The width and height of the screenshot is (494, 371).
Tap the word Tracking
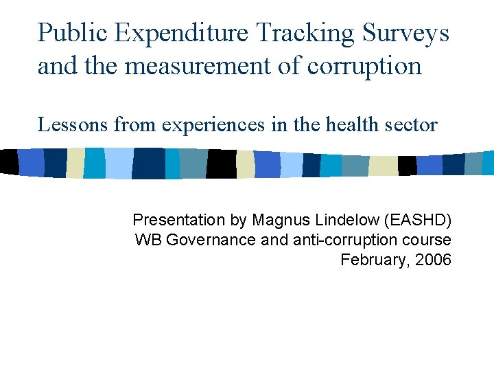[x=307, y=33]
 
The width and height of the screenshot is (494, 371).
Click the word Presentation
[x=178, y=220]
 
